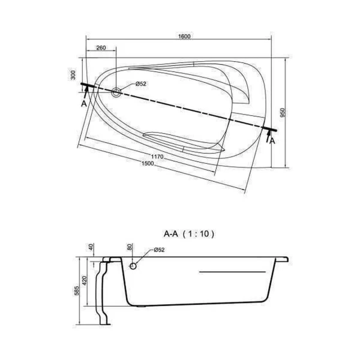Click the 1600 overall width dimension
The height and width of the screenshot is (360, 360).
[x=184, y=36]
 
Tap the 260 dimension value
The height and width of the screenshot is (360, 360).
[x=101, y=48]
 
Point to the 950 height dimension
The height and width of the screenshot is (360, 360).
[x=283, y=113]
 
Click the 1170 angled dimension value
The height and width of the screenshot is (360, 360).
[x=157, y=157]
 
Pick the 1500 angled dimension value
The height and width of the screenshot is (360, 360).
[x=148, y=163]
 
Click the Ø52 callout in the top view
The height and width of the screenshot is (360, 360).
[x=141, y=84]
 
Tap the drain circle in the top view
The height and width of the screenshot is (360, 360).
[x=116, y=93]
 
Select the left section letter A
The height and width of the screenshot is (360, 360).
[x=84, y=104]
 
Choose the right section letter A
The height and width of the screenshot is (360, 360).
[x=272, y=141]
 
